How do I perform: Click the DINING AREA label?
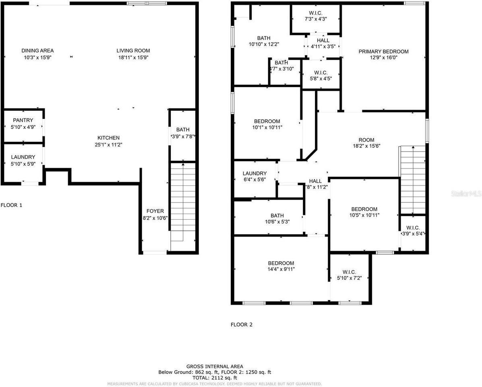pyautogui.click(x=37, y=51)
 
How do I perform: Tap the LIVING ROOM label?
pyautogui.click(x=133, y=51)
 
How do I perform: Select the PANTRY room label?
pyautogui.click(x=23, y=121)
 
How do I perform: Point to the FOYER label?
pyautogui.click(x=155, y=211)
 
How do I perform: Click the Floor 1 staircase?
pyautogui.click(x=183, y=202)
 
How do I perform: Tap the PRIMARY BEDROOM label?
pyautogui.click(x=383, y=52)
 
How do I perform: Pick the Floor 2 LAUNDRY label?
pyautogui.click(x=254, y=173)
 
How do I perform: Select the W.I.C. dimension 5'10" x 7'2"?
pyautogui.click(x=349, y=279)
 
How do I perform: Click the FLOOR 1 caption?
pyautogui.click(x=11, y=205)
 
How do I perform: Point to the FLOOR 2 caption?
pyautogui.click(x=242, y=325)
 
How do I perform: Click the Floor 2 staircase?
pyautogui.click(x=413, y=179)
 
